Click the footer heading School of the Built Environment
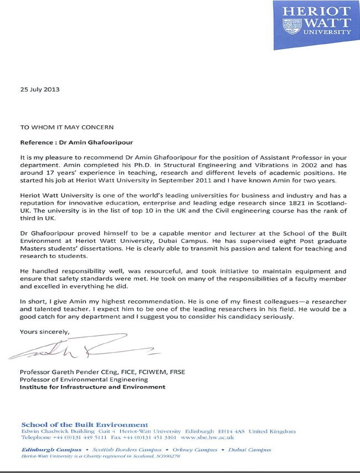(84, 424)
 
